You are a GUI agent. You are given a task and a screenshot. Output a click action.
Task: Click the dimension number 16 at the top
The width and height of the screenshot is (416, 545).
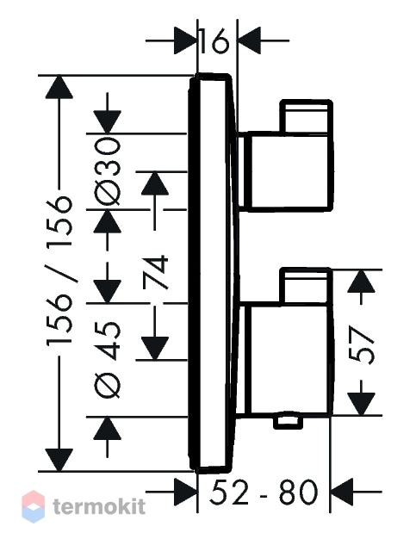(x=214, y=40)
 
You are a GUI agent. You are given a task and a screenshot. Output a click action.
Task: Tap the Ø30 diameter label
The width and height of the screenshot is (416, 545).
(x=108, y=171)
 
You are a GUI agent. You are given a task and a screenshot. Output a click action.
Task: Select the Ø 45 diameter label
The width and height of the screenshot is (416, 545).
(x=108, y=359)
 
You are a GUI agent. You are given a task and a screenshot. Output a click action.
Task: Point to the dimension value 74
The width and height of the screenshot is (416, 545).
(x=155, y=272)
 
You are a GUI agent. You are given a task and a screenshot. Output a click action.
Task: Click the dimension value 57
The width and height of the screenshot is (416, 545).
(x=361, y=344)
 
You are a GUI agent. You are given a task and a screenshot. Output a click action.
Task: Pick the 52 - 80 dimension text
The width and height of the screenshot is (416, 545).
(x=264, y=492)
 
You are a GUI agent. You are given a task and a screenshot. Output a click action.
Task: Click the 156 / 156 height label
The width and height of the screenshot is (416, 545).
(x=59, y=270)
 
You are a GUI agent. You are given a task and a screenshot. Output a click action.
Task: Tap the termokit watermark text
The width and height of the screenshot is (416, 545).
(x=99, y=506)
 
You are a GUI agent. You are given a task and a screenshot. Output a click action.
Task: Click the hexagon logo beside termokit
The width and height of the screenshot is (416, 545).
(x=33, y=507)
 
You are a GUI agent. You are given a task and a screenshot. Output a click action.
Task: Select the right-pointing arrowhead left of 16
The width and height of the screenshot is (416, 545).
(x=185, y=40)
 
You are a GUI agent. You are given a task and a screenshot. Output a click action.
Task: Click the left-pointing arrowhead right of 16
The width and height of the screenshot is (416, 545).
(x=250, y=40)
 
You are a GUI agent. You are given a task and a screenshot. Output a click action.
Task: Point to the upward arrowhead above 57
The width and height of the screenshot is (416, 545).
(x=362, y=281)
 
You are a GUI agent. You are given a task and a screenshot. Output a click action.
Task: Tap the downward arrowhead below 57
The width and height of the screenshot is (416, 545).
(x=362, y=404)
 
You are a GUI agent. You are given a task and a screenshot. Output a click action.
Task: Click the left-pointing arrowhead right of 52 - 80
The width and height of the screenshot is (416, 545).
(x=342, y=492)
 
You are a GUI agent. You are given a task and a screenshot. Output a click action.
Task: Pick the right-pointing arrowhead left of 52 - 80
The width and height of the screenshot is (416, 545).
(x=185, y=492)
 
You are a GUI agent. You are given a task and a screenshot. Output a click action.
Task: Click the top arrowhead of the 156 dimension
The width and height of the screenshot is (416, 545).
(x=59, y=87)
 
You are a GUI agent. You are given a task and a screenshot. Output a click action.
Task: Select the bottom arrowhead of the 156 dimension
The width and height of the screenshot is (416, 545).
(x=59, y=460)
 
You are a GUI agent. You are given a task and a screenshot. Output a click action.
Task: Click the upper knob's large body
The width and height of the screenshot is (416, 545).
(x=288, y=171)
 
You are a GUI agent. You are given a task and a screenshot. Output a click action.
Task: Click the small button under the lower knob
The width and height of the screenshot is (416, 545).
(x=288, y=421)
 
